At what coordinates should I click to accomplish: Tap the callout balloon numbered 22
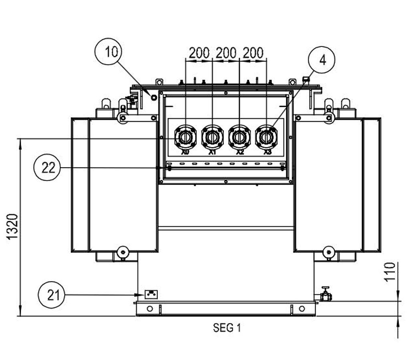[48, 168]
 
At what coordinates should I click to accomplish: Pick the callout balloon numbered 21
[52, 295]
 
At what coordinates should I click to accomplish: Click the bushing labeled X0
[185, 137]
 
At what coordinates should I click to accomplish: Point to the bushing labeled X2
[239, 137]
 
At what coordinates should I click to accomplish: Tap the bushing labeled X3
[266, 137]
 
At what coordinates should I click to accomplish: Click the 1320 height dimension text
[13, 227]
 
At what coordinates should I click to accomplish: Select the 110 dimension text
[390, 272]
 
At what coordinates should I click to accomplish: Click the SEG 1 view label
[227, 328]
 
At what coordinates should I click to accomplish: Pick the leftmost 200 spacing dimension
[199, 53]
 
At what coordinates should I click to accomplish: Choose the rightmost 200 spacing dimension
[253, 53]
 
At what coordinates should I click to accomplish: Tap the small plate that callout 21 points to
[151, 294]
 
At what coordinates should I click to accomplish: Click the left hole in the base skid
[150, 308]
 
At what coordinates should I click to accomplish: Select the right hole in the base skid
[302, 308]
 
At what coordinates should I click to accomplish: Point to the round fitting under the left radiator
[122, 252]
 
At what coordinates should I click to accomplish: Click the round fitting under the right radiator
[329, 252]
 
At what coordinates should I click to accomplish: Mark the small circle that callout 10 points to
[154, 97]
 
